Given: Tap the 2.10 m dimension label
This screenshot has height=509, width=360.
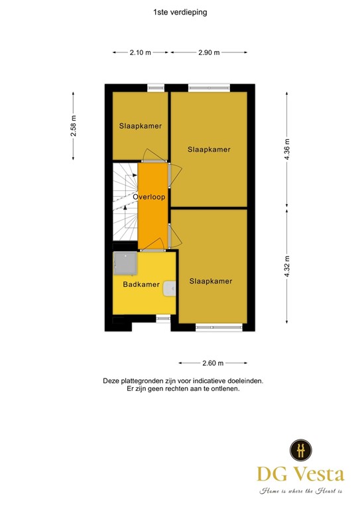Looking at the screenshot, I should pyautogui.click(x=140, y=52).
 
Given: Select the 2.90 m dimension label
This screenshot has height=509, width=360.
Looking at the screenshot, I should pyautogui.click(x=208, y=52).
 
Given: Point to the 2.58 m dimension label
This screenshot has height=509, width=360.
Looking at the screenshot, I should pyautogui.click(x=74, y=126).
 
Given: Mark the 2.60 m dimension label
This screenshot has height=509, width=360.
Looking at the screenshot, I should pyautogui.click(x=213, y=363).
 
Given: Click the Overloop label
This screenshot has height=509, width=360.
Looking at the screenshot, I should pyautogui.click(x=149, y=197).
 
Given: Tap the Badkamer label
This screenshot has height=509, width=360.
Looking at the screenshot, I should pyautogui.click(x=141, y=285).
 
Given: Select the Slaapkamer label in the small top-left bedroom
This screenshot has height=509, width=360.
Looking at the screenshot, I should pyautogui.click(x=141, y=126).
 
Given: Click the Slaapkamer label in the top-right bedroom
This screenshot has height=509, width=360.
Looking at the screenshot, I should pyautogui.click(x=209, y=150).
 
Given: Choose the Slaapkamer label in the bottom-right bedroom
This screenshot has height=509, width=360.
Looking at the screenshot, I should pyautogui.click(x=211, y=282).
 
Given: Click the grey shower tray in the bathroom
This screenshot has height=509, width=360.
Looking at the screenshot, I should pyautogui.click(x=125, y=263).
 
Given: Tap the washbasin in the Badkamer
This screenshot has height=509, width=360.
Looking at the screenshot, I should pyautogui.click(x=170, y=288).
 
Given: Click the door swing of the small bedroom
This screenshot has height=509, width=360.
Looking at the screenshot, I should pyautogui.click(x=151, y=154).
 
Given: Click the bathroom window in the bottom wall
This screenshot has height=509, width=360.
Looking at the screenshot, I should pyautogui.click(x=162, y=318).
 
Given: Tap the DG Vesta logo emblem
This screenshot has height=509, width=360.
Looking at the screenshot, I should pyautogui.click(x=300, y=450).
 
